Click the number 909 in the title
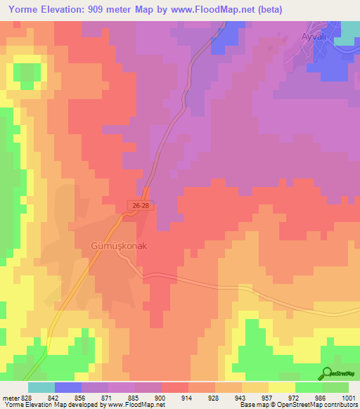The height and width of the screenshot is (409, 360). click(x=107, y=9)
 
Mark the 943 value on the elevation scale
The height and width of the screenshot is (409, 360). click(x=229, y=398)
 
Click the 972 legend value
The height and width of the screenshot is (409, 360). click(x=282, y=398)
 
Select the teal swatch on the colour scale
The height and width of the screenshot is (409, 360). click(x=41, y=387)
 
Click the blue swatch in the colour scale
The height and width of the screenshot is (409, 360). click(x=68, y=387)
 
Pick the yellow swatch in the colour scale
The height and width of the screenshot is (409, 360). click(x=281, y=387)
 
